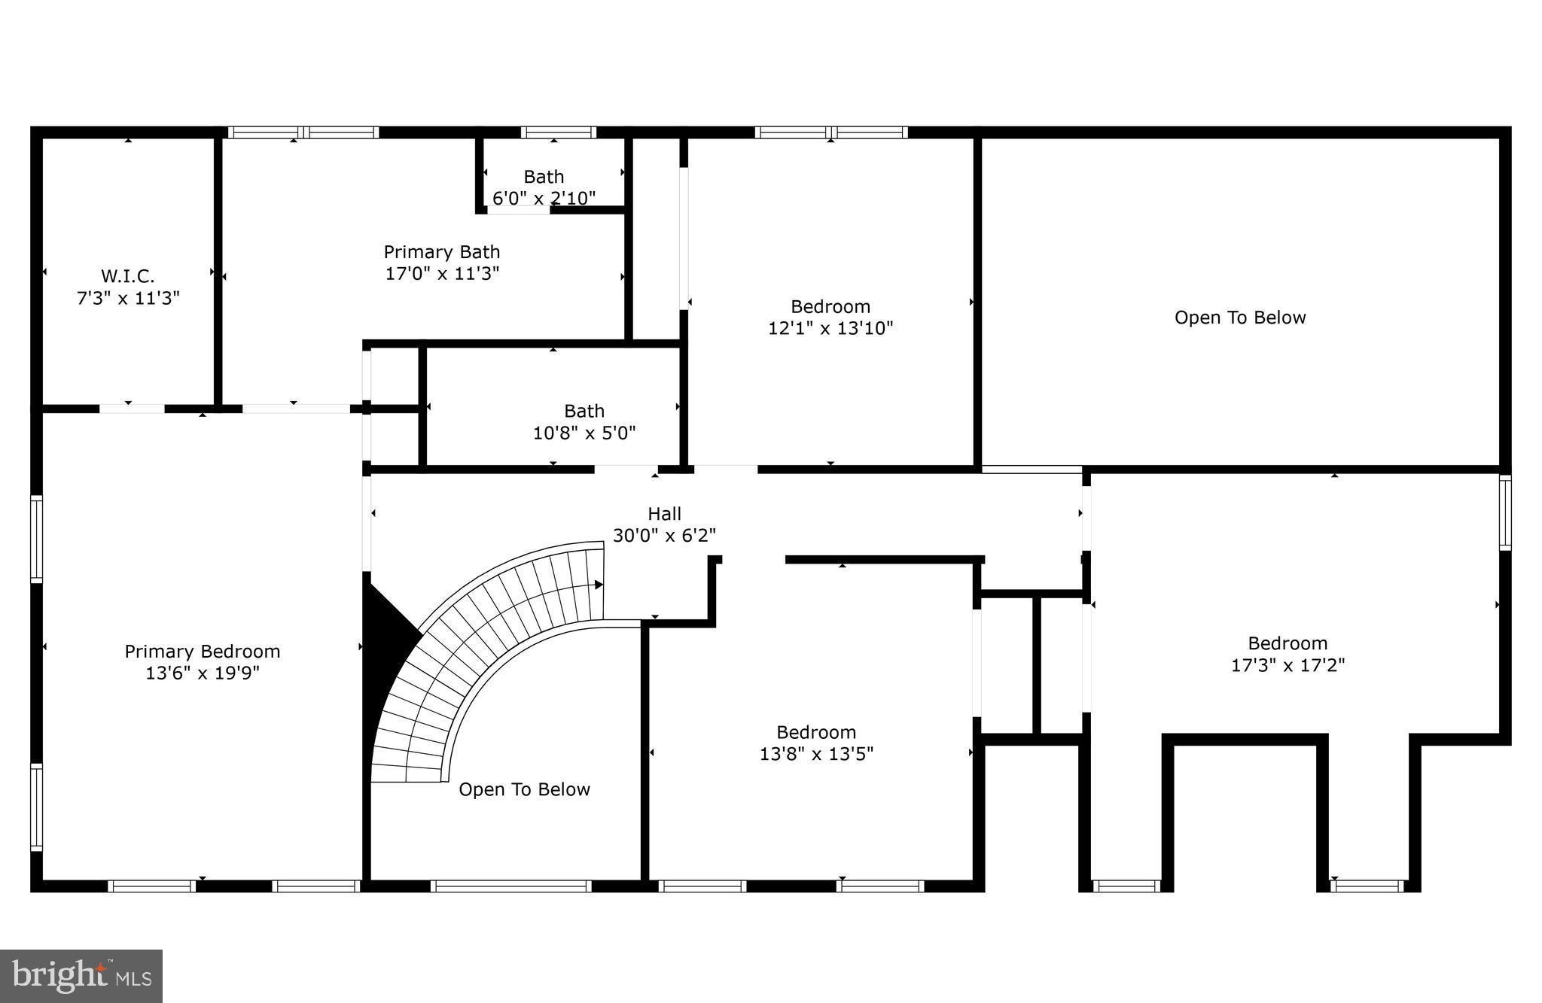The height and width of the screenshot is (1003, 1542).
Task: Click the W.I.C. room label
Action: (128, 276)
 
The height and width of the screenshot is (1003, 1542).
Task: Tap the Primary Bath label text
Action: (441, 252)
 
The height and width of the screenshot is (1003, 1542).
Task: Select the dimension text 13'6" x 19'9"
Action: (202, 673)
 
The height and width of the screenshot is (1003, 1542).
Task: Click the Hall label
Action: (664, 514)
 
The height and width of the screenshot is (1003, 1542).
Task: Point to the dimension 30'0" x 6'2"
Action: (664, 536)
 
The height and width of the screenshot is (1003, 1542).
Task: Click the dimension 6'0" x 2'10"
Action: (544, 199)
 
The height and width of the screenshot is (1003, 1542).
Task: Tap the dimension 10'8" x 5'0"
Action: (584, 433)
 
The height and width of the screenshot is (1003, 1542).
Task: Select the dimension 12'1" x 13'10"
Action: (830, 328)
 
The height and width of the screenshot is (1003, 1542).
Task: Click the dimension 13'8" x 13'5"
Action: (816, 754)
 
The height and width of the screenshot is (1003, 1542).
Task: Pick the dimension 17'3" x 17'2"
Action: (1288, 665)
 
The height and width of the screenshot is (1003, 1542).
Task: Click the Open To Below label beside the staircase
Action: (524, 789)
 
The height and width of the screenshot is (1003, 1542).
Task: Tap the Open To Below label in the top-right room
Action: (1239, 318)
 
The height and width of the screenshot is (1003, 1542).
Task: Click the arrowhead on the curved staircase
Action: (599, 585)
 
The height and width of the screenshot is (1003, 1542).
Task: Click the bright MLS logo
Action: (81, 976)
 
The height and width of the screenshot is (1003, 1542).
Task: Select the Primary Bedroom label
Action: (202, 651)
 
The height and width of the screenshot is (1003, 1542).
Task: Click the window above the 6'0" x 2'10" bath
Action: (558, 132)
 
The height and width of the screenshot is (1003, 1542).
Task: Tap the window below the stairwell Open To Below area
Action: (510, 886)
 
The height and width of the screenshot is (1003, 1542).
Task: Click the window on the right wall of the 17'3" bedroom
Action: (1505, 512)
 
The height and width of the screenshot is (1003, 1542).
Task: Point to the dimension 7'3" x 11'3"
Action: (128, 299)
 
